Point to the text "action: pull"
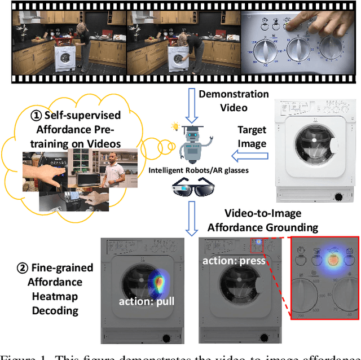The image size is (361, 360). point(147,301)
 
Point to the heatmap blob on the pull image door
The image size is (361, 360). point(159,282)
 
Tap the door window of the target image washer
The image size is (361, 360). point(312,147)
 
